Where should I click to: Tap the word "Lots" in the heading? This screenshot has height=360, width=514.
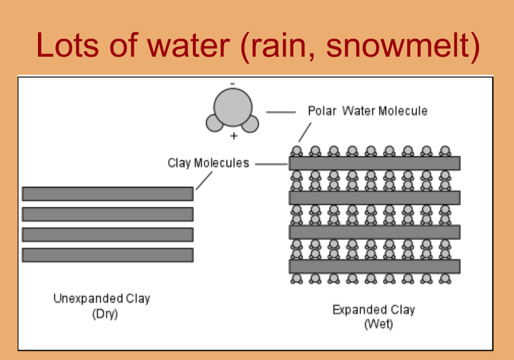coord(67,45)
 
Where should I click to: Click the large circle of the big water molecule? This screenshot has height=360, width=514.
coord(233,107)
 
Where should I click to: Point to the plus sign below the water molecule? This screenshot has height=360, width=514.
coord(234,136)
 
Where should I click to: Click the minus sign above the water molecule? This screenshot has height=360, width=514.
coord(233,84)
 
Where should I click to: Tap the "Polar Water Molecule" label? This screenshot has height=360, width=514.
coord(368,111)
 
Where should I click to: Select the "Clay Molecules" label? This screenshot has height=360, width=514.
coord(208,163)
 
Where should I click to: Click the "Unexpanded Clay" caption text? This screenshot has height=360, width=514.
coord(102,298)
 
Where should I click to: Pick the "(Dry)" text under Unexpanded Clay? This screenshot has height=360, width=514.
coord(105,314)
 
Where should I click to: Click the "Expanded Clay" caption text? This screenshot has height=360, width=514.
coord(374,309)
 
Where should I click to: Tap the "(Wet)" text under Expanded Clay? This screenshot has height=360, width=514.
coord(378,324)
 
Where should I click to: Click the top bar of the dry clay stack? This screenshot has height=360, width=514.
coord(107,194)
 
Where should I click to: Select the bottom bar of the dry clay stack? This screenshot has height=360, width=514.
coord(107,255)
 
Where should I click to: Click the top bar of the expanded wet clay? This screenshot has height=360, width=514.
coord(374,163)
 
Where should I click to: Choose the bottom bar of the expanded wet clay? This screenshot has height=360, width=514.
coord(374,266)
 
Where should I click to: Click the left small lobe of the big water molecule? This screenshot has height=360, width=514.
coord(214,123)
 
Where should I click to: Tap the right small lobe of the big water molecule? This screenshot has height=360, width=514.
coord(251,124)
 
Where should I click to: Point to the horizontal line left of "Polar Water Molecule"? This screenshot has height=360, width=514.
coord(281,112)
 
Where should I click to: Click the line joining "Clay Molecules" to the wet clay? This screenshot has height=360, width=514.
coord(271,164)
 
